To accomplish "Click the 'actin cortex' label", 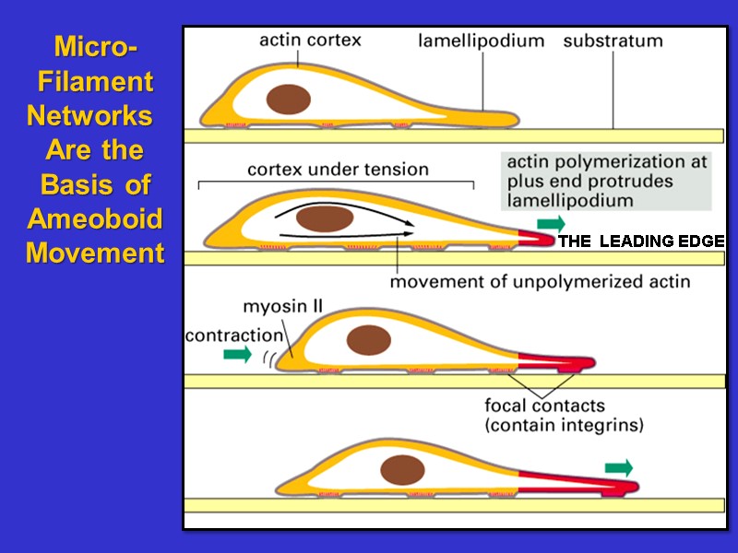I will [x=309, y=40].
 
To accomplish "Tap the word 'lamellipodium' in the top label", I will [x=481, y=41].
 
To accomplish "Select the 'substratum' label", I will [x=613, y=41].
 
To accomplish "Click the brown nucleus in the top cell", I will [x=289, y=100].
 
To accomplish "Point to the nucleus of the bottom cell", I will [x=403, y=468].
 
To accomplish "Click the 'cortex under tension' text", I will [x=338, y=170].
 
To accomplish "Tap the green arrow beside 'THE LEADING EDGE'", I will [x=553, y=223].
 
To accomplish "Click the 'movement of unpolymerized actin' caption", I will [x=540, y=281].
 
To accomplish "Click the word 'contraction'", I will [x=233, y=335].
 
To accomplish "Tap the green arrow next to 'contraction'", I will [x=237, y=355].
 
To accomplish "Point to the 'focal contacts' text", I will [x=545, y=406].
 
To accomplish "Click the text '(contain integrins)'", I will [x=564, y=426].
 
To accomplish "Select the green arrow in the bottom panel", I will [x=620, y=468].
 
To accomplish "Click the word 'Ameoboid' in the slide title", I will [x=95, y=218].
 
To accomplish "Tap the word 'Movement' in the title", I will [x=95, y=252].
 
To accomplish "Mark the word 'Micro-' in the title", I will [x=96, y=47].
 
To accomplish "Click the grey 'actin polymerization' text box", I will [x=606, y=180].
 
